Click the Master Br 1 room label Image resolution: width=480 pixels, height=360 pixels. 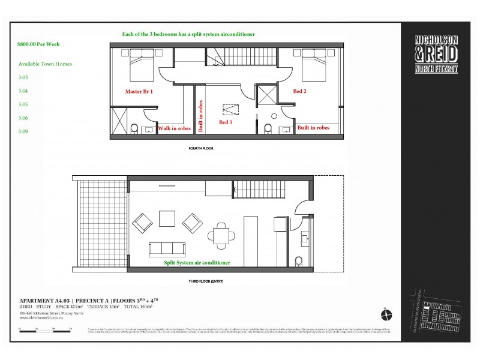pos(139,92)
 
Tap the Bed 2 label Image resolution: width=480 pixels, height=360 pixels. pos(300,91)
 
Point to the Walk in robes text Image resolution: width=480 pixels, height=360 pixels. pos(174,128)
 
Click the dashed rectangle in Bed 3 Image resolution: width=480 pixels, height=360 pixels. pos(230,109)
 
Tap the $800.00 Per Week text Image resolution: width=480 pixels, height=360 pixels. pos(39,44)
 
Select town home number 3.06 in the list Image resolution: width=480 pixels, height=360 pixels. pos(23,118)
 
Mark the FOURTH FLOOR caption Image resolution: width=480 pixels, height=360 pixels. pos(201,148)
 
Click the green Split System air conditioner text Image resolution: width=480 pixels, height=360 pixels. pos(197,263)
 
